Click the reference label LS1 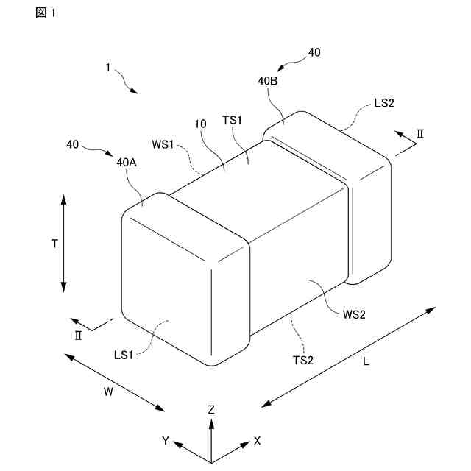point(124,355)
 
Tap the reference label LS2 point(384,103)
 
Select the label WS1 point(163,144)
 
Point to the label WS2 point(354,314)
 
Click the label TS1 point(233,120)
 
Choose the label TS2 point(304,360)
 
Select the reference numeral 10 point(200,124)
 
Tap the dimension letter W point(107,392)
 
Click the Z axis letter point(211,409)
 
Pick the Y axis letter point(166,440)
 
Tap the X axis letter point(257,440)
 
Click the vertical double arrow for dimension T point(64,243)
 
